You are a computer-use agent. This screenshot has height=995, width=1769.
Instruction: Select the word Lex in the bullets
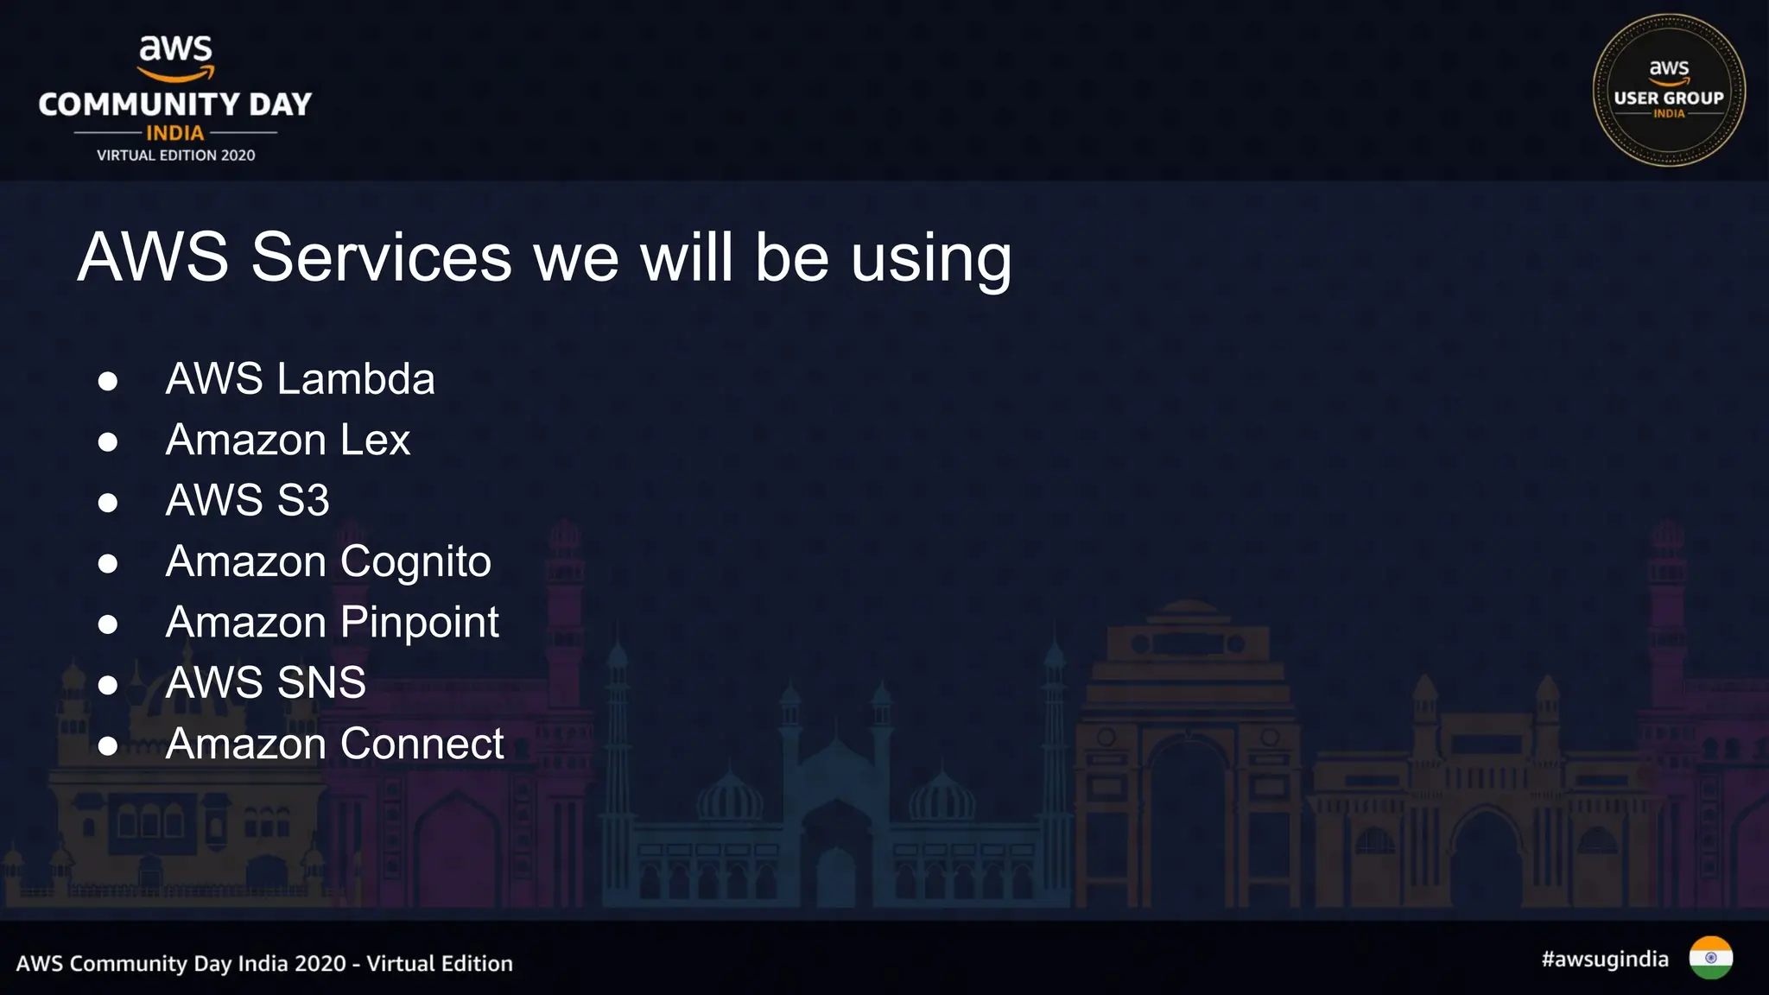(x=375, y=440)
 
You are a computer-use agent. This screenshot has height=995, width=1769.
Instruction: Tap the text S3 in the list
(x=303, y=501)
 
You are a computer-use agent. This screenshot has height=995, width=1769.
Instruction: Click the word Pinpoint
(x=419, y=623)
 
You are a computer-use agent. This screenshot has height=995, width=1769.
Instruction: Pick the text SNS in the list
(x=321, y=683)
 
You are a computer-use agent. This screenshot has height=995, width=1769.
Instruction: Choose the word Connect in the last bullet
(x=422, y=744)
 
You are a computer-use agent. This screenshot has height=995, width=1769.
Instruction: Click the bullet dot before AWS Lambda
(x=108, y=382)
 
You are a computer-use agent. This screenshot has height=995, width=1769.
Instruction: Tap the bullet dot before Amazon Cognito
(x=108, y=564)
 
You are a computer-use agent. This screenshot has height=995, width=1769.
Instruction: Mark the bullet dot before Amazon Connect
(x=108, y=746)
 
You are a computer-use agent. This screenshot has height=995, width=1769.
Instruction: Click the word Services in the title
(x=381, y=257)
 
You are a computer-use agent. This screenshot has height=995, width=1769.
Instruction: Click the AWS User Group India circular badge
(x=1668, y=90)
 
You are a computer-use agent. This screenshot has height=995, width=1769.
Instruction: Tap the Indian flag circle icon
(x=1710, y=958)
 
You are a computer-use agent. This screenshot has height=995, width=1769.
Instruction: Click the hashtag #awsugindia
(x=1604, y=960)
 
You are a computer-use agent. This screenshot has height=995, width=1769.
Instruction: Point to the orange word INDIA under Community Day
(x=175, y=133)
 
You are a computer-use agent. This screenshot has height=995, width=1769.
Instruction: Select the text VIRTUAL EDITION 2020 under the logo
(x=175, y=155)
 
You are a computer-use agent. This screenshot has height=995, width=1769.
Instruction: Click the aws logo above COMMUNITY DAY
(x=176, y=57)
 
